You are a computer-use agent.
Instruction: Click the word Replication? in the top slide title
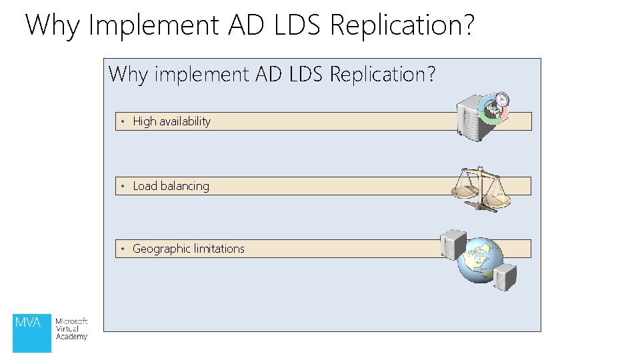402,25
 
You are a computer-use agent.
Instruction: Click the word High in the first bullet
145,121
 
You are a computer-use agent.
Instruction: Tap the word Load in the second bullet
144,186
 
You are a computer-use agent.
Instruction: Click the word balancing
185,186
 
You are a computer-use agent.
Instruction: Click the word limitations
219,249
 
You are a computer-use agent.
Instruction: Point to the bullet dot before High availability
123,121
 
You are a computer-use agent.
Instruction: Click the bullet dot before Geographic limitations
123,249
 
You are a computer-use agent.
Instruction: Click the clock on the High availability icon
501,99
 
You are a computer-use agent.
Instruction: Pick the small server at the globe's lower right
506,276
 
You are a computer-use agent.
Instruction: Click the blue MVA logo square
32,332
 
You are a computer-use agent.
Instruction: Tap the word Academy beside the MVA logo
71,337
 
